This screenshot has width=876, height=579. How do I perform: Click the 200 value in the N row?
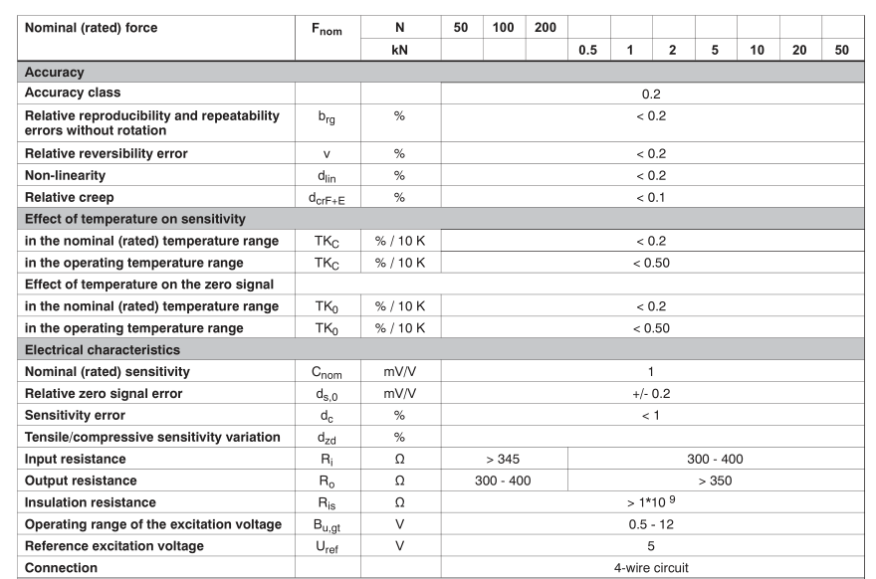[545, 28]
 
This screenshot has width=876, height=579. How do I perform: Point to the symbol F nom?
[327, 30]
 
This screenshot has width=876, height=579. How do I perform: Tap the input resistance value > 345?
[504, 460]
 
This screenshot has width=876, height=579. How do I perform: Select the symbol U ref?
[327, 547]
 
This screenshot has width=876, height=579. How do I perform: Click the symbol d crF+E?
[327, 198]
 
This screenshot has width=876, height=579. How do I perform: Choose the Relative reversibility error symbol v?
[327, 154]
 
